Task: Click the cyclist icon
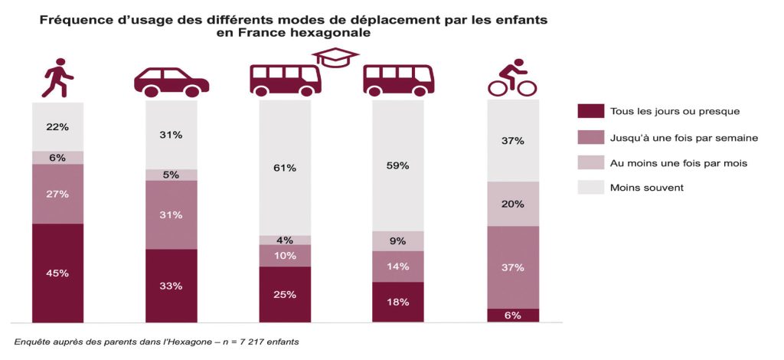coord(513,78)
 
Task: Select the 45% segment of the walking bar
coord(57,273)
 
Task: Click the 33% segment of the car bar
coord(171,286)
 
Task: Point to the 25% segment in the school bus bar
coord(285,294)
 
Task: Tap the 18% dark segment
coord(398,302)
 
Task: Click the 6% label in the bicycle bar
coord(513,316)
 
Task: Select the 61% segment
coord(285,168)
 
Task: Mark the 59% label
coord(398,165)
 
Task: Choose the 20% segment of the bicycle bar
coord(513,204)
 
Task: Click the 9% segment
coord(398,241)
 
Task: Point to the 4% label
coord(285,240)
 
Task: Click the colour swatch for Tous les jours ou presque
coord(589,112)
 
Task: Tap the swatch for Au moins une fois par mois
coord(589,162)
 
